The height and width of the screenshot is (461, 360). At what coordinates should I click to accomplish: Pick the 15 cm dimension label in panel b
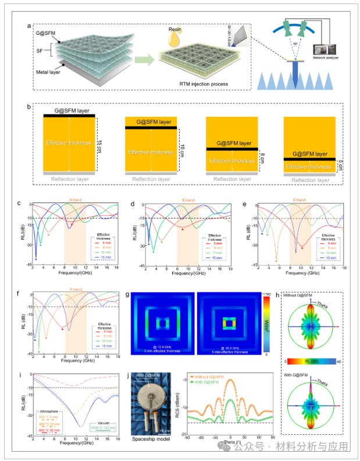(101, 143)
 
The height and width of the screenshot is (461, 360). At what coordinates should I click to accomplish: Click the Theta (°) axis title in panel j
(231, 443)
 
